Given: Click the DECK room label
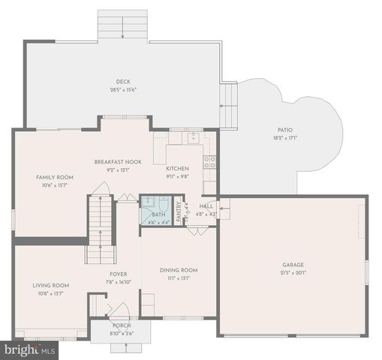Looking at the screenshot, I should [124, 82].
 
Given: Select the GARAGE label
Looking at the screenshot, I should [293, 265].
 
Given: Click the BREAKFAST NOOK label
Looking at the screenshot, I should [118, 162].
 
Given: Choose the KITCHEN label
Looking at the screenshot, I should [177, 169].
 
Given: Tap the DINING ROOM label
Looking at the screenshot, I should [179, 270].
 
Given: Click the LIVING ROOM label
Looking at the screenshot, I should [50, 285].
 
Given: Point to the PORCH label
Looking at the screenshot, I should [122, 325].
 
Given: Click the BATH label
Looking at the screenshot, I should [158, 214].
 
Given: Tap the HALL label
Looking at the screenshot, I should [206, 206].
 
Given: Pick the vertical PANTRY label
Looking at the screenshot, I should [179, 211].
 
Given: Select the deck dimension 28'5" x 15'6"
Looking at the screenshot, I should [124, 90].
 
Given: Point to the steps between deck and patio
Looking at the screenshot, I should [228, 105].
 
